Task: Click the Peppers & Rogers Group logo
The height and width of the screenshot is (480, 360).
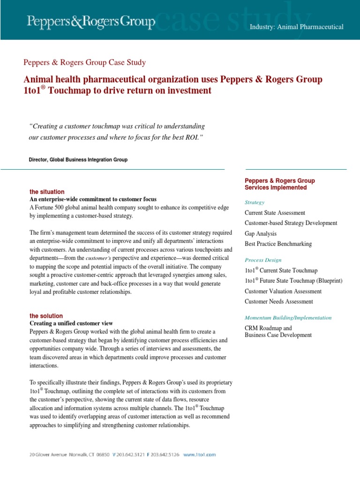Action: tap(91, 21)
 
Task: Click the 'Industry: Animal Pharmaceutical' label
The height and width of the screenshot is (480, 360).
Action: tap(296, 27)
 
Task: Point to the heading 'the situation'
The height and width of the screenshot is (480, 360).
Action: tap(47, 192)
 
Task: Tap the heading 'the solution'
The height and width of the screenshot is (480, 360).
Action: tap(46, 316)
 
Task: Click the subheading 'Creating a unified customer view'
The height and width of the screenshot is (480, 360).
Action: tap(71, 323)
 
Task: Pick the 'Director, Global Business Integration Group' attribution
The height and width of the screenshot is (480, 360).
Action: tap(78, 160)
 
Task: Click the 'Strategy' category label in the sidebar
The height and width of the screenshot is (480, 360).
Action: tap(255, 202)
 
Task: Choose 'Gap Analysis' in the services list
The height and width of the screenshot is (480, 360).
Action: tap(261, 233)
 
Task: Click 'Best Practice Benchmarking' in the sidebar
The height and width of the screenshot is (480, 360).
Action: tap(278, 244)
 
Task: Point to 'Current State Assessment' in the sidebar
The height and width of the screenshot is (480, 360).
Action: tap(275, 213)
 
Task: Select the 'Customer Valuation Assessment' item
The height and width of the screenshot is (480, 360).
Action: tap(283, 291)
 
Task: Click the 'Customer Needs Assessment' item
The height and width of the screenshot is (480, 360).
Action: tap(279, 301)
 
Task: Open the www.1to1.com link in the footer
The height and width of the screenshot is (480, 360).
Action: tap(199, 454)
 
